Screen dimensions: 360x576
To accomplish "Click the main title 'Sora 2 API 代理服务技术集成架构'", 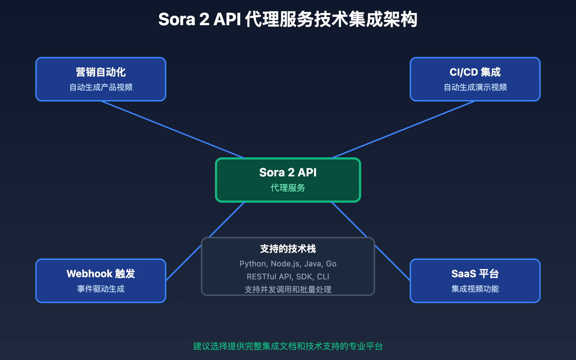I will click(x=288, y=19).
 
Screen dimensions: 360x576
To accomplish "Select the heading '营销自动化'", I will click(x=101, y=72).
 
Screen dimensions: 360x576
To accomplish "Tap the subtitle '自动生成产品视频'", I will click(x=101, y=87).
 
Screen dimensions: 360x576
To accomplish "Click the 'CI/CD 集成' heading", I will click(x=475, y=72).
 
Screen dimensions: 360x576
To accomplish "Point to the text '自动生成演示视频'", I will click(x=475, y=87).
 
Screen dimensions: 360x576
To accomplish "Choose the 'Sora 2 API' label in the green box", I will click(x=288, y=172).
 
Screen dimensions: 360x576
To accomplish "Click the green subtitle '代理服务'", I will click(x=288, y=188).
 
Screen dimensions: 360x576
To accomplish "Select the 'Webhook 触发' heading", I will click(x=101, y=274).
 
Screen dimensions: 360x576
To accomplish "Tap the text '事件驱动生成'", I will click(x=101, y=289).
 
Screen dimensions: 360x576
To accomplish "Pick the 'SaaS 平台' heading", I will click(x=475, y=274).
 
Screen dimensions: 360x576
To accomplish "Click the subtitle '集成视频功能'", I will click(x=475, y=289).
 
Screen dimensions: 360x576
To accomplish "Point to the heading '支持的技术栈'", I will click(x=288, y=249).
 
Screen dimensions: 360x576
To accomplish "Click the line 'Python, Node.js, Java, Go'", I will click(x=288, y=264).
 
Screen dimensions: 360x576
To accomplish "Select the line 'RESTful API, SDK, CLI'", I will click(x=288, y=276).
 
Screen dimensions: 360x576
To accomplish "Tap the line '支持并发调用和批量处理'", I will click(x=288, y=289).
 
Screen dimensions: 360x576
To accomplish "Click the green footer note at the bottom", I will click(x=288, y=346).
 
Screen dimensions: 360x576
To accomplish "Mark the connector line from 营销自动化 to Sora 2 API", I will click(x=173, y=130).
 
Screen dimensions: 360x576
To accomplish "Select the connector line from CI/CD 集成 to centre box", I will click(x=403, y=130).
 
